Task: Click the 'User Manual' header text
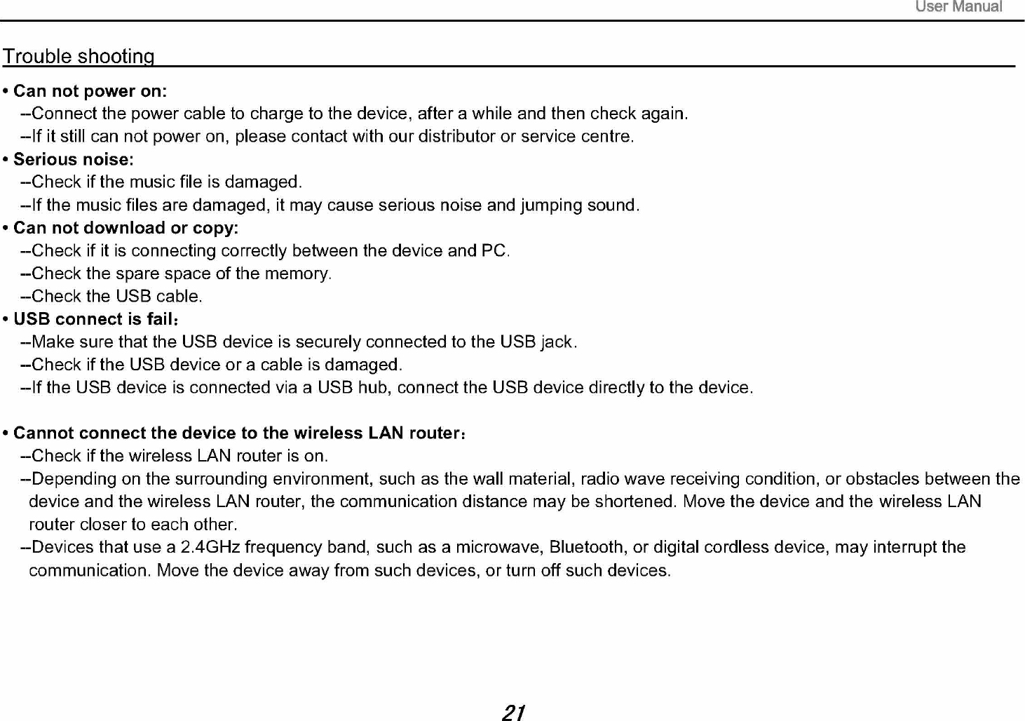click(x=958, y=7)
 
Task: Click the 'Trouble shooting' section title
click(x=79, y=56)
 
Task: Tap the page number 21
click(x=514, y=712)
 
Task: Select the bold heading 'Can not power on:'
click(x=90, y=91)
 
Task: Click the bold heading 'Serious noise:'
click(x=74, y=159)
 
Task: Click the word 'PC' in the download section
click(x=494, y=250)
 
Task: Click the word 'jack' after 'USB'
click(x=557, y=342)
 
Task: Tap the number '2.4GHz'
click(x=210, y=547)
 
